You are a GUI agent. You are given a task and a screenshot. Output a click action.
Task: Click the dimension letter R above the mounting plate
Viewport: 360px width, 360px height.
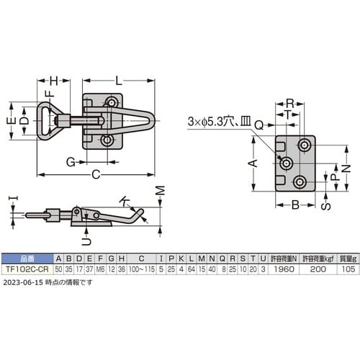(290, 103)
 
